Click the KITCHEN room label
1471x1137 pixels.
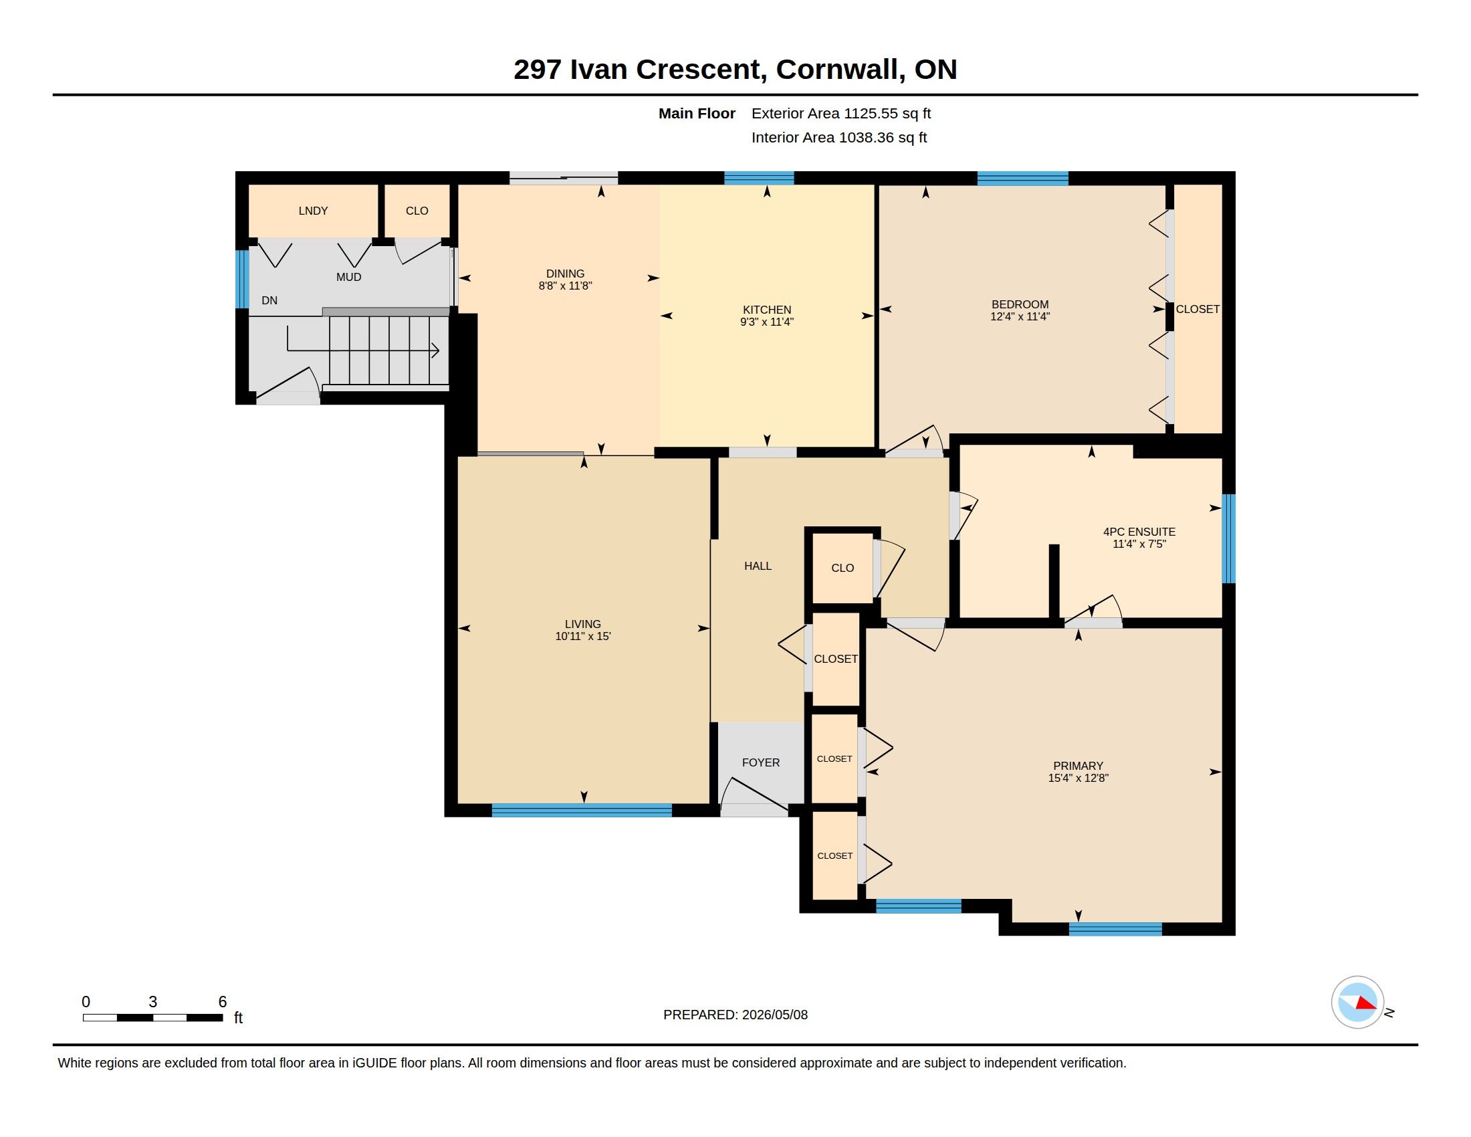coord(766,310)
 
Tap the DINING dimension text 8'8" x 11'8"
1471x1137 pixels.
coord(565,286)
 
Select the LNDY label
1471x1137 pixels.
coord(313,211)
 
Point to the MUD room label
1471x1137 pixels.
coord(349,277)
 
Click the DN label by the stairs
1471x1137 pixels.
coord(269,300)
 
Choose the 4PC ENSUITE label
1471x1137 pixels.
coord(1139,532)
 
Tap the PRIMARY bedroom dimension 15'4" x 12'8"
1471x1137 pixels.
coord(1079,778)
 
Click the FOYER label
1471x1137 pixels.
coord(761,762)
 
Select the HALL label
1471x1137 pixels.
coord(758,566)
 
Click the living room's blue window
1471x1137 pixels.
coord(582,811)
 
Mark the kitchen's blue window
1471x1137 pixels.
coord(759,179)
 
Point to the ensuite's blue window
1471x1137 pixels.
coord(1228,539)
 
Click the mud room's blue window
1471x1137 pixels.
coord(242,280)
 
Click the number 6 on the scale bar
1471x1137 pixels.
coord(222,1002)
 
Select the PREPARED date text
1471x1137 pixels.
coord(735,1015)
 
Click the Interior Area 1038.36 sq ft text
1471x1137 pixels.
coord(839,137)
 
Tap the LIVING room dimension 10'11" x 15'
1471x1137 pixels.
coord(582,636)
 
